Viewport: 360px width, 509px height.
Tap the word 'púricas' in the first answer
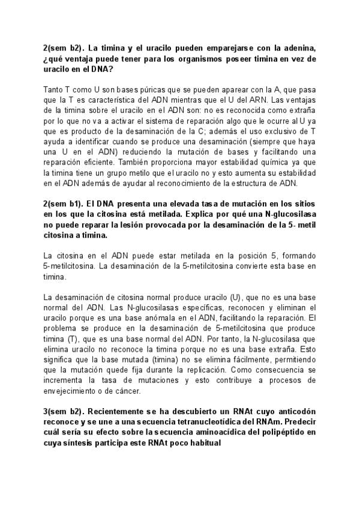(136, 89)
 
